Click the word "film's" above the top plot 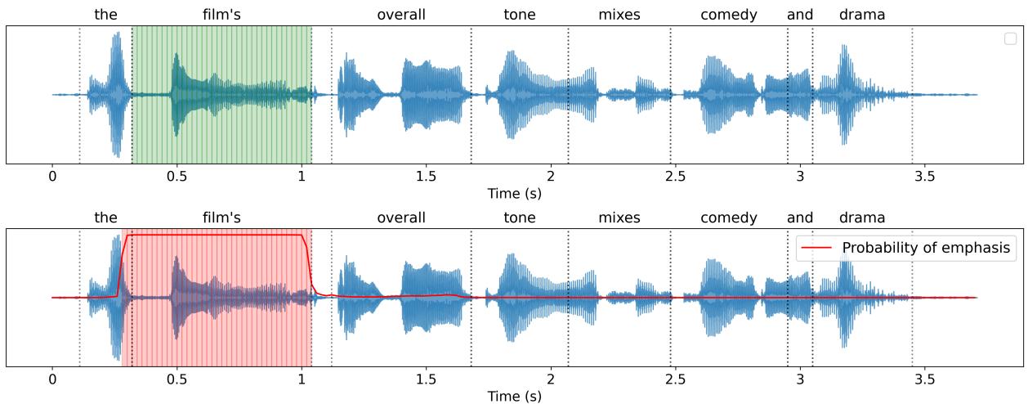pos(221,15)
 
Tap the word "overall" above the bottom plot pos(401,218)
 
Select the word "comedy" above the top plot pos(729,15)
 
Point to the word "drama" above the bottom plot pos(862,218)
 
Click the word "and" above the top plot pos(800,15)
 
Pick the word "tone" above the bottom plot pos(520,218)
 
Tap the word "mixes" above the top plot pos(619,15)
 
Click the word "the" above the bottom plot pos(105,218)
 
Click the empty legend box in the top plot pos(1011,38)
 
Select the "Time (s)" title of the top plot pos(514,194)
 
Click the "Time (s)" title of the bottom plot pos(514,397)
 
